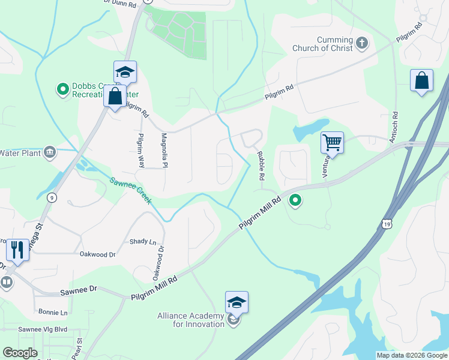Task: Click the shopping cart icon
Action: [x=332, y=142]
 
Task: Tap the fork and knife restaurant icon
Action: [x=17, y=249]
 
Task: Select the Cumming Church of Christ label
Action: [x=322, y=44]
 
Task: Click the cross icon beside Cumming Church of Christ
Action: [x=361, y=43]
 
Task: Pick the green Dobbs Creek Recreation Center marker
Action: [x=62, y=90]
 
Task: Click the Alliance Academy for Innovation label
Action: [x=190, y=320]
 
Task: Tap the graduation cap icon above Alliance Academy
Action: [x=237, y=302]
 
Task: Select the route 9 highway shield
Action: [x=53, y=198]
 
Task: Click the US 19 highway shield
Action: [x=388, y=222]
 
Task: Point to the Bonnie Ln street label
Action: [x=53, y=313]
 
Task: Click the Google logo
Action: [x=20, y=353]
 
